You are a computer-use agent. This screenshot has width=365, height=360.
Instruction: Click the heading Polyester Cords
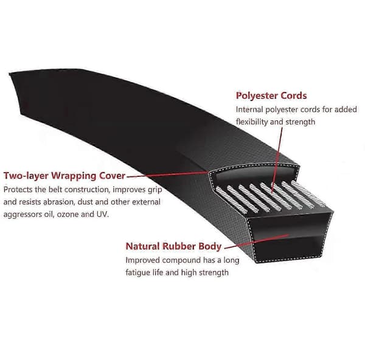pyautogui.click(x=271, y=95)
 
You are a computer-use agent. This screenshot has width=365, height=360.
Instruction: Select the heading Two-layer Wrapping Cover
pyautogui.click(x=64, y=176)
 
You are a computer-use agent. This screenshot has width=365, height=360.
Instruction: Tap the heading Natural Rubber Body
pyautogui.click(x=173, y=246)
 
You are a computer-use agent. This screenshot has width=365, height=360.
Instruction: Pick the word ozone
pyautogui.click(x=68, y=214)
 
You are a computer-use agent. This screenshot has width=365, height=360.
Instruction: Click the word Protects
pyautogui.click(x=18, y=189)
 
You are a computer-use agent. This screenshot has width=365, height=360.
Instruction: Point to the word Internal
pyautogui.click(x=249, y=109)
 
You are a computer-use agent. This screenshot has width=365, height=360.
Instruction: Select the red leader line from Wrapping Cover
pyautogui.click(x=167, y=175)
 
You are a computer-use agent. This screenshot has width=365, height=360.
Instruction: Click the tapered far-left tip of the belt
pyautogui.click(x=10, y=74)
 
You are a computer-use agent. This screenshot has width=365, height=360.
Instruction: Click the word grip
pyautogui.click(x=155, y=190)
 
